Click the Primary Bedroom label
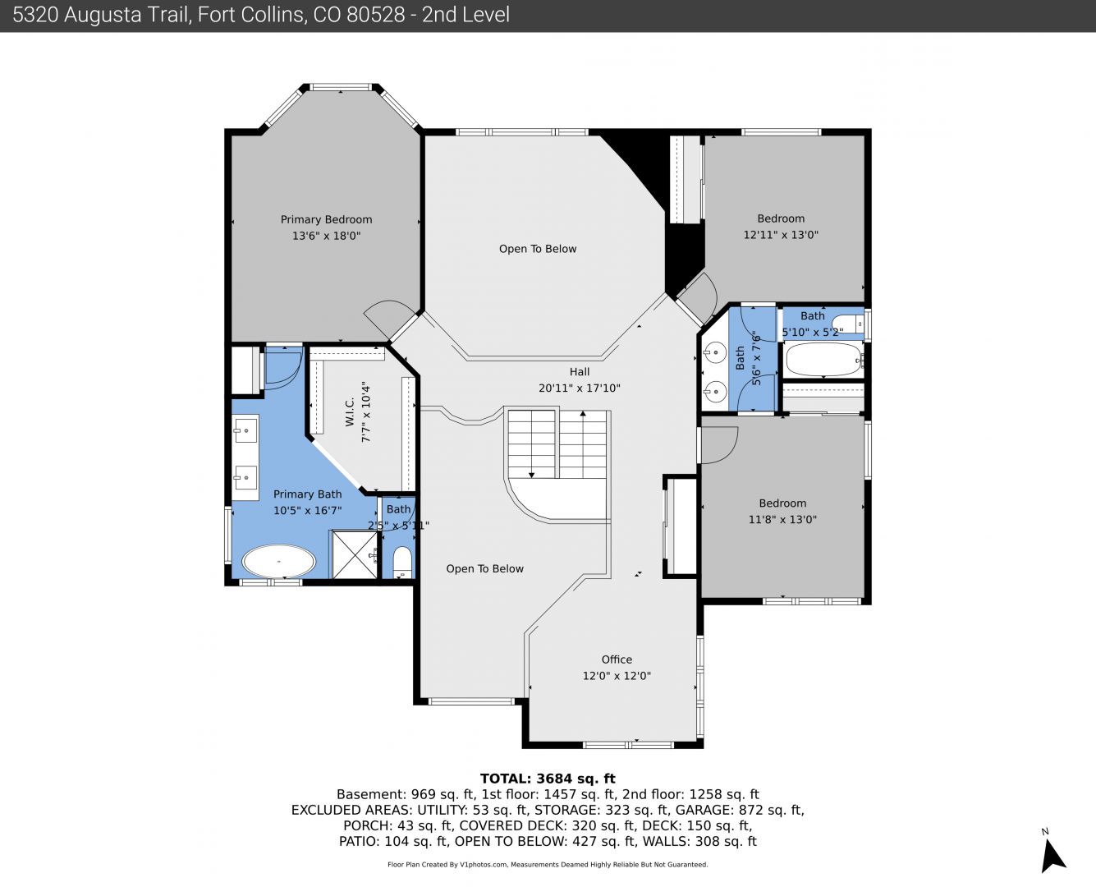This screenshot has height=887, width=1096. tap(326, 219)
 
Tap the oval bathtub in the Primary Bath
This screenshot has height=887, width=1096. tap(278, 561)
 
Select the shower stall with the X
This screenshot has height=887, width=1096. tap(355, 554)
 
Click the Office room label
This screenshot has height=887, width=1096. tap(617, 660)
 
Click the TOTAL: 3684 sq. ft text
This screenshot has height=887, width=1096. tap(548, 779)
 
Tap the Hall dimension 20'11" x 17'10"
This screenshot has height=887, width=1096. tap(580, 388)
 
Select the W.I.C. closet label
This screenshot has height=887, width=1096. tap(350, 411)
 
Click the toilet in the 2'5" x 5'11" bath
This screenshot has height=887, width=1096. tap(402, 563)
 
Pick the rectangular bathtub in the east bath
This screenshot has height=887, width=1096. tap(823, 359)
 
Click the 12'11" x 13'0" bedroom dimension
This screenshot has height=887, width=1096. tap(781, 235)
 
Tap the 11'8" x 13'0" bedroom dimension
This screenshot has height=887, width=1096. tap(782, 519)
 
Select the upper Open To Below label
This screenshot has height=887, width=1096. tap(538, 249)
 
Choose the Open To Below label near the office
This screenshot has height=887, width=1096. tap(484, 569)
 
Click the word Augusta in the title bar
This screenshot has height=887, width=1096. tap(101, 15)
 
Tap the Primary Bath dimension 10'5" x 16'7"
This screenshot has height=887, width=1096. tap(307, 511)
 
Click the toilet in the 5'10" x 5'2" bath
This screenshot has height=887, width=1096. tap(847, 324)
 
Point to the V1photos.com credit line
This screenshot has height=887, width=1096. tap(548, 864)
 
